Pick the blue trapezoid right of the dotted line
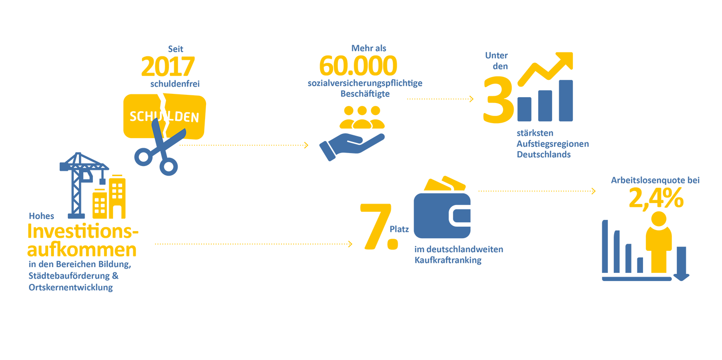[356, 154]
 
